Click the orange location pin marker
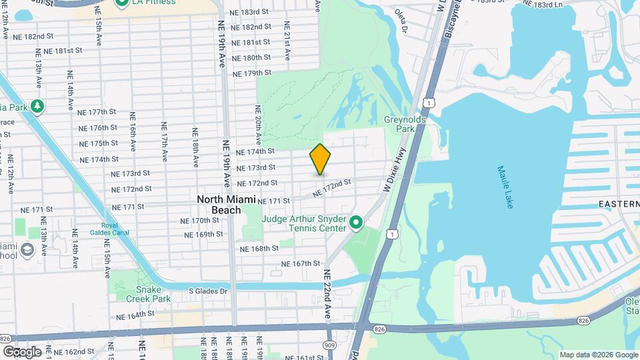pyautogui.click(x=321, y=159)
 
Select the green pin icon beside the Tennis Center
pyautogui.click(x=356, y=222)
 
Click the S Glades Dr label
pyautogui.click(x=207, y=291)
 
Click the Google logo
pyautogui.click(x=22, y=351)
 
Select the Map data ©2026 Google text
pyautogui.click(x=598, y=354)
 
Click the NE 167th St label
pyautogui.click(x=301, y=263)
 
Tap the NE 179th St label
pyautogui.click(x=251, y=73)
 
